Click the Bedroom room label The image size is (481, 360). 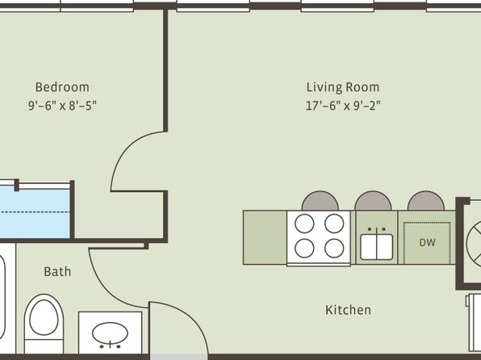tap(62, 87)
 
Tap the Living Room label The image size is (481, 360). tap(343, 87)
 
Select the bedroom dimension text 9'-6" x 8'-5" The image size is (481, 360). tap(62, 106)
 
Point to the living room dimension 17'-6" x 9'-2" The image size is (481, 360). tap(343, 106)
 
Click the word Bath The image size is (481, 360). tap(57, 271)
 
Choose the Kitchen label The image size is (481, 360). tap(348, 310)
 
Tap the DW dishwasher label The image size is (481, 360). tap(427, 243)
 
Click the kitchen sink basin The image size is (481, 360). tap(376, 247)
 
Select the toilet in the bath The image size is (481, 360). tap(44, 323)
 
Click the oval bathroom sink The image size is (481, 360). tap(110, 333)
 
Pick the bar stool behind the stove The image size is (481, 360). tap(320, 201)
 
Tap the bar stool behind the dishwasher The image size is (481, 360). tap(426, 201)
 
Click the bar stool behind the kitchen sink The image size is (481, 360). tap(373, 201)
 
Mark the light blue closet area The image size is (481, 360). tap(35, 213)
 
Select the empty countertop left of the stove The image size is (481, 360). tap(265, 237)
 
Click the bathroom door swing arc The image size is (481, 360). tap(104, 288)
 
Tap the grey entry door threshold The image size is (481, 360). tap(179, 357)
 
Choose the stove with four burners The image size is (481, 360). tap(319, 238)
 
